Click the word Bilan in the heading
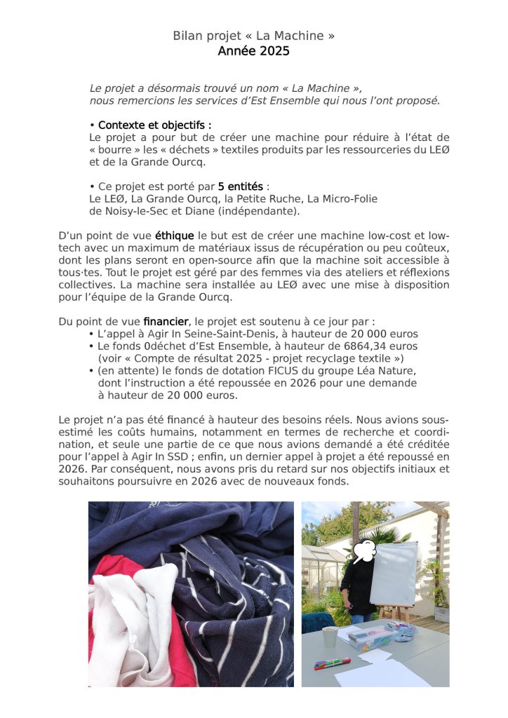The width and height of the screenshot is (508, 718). point(187,36)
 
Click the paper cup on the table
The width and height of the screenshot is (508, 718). point(330,637)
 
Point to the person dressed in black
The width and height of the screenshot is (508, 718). point(358,585)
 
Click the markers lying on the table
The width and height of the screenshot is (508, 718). point(331,663)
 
